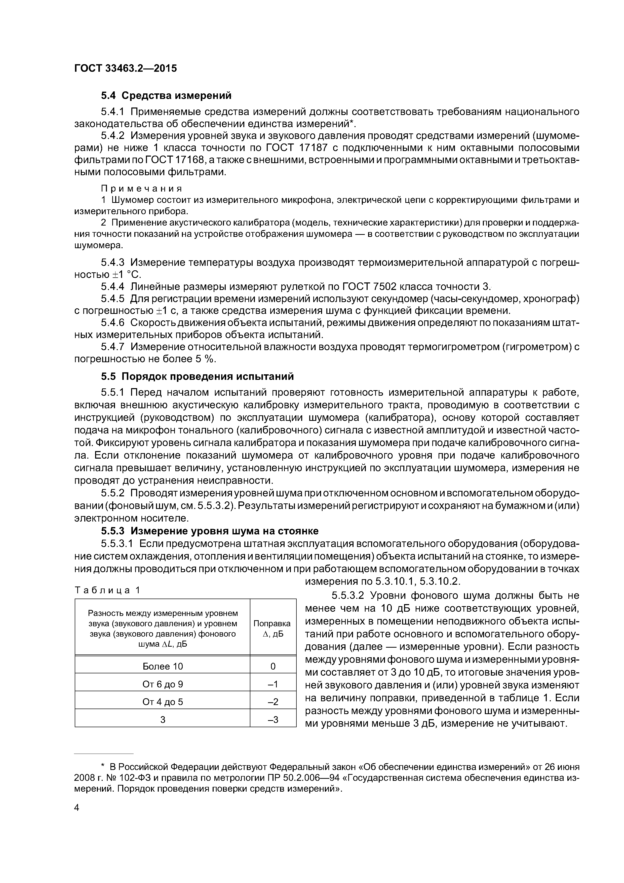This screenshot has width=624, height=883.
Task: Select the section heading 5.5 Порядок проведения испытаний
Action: coord(197,376)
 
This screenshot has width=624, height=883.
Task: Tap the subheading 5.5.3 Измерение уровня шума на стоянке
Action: coord(210,531)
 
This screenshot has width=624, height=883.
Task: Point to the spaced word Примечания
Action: coord(141,189)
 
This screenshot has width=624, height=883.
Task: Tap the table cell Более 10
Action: coord(163,666)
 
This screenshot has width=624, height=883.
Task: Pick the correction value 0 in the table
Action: coord(273,666)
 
